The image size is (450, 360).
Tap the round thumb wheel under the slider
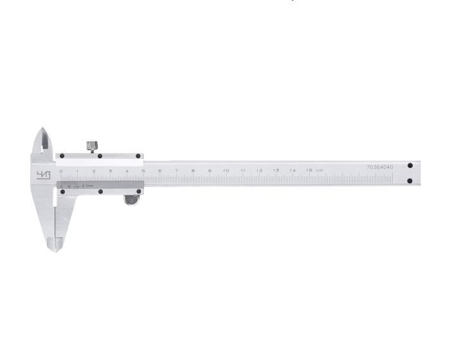[132, 201]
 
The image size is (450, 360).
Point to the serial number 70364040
[379, 166]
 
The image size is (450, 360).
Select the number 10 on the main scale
[226, 170]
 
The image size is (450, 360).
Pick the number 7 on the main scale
[176, 170]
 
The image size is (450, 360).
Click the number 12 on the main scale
[259, 170]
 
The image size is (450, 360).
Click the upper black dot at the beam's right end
[410, 166]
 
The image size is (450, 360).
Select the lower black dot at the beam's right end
[410, 181]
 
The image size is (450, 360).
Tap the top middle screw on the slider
[100, 156]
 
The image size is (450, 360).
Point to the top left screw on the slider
[62, 156]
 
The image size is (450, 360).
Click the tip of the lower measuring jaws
[56, 248]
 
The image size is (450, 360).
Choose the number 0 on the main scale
[61, 171]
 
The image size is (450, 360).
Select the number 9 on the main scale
[209, 170]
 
